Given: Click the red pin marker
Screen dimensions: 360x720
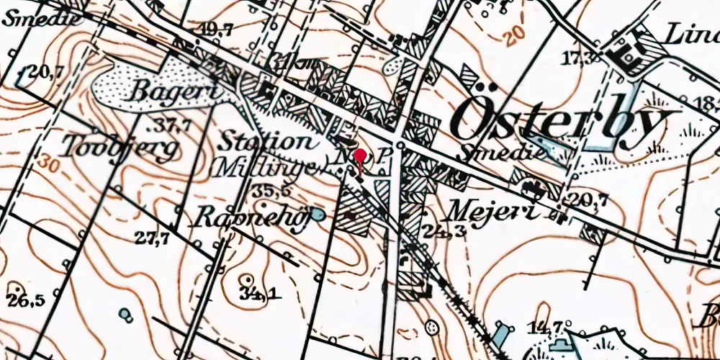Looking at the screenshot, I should point(360,158).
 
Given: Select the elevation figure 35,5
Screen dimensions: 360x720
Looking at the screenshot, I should point(271,191).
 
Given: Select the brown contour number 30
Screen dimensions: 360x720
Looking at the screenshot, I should point(48,160).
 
